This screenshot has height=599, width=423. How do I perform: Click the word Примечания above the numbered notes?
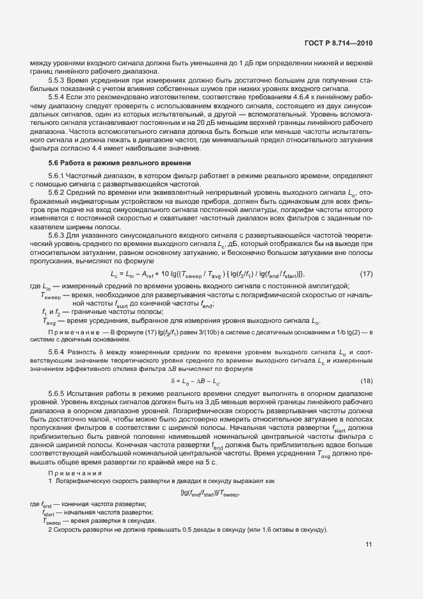[x=70, y=473]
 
